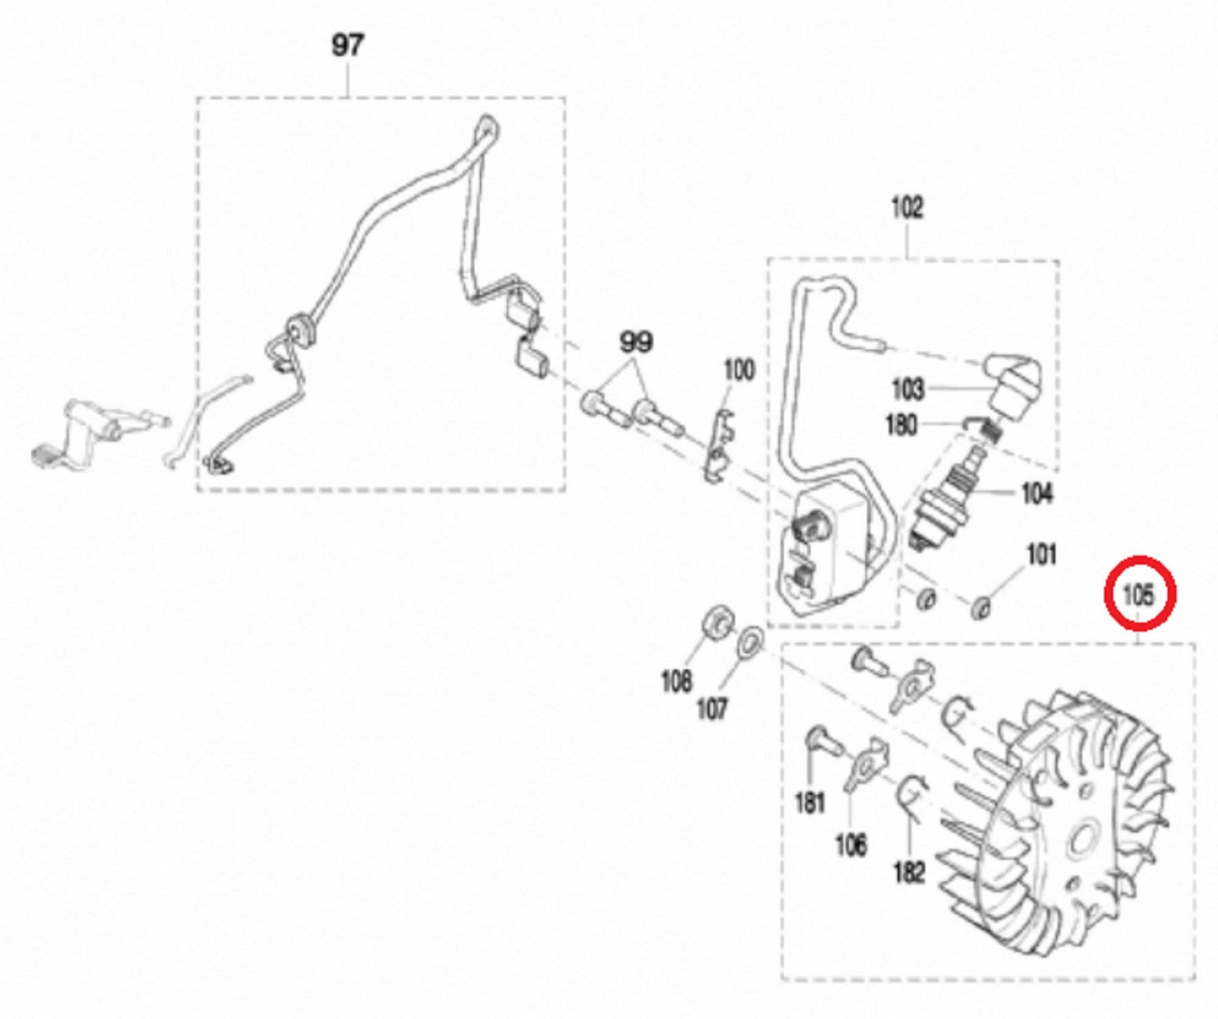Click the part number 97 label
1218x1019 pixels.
(347, 46)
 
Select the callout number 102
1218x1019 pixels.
(907, 208)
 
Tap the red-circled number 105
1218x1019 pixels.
(1139, 594)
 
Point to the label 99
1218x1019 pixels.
(636, 342)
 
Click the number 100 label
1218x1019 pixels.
(739, 370)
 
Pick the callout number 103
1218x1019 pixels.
(907, 389)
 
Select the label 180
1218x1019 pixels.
(901, 425)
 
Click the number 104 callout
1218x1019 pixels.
(1037, 493)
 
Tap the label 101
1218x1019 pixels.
(1041, 555)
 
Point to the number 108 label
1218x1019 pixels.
(677, 681)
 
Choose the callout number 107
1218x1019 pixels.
(711, 709)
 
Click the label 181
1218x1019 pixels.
(810, 802)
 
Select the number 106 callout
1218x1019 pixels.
(851, 845)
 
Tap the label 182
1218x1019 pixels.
(909, 872)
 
